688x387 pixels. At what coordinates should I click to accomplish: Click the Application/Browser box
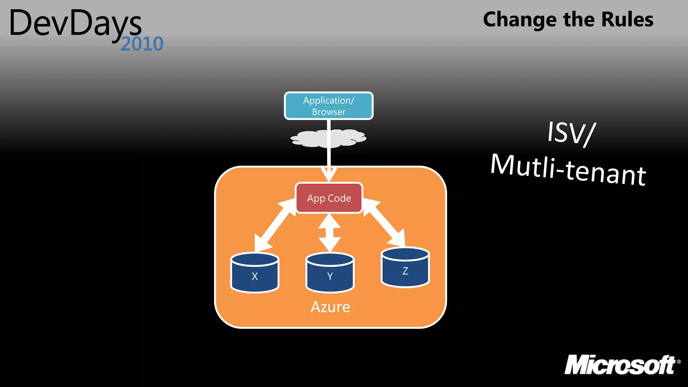point(329,106)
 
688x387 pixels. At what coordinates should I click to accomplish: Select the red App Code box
point(329,198)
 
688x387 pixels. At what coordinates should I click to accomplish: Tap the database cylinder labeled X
point(255,273)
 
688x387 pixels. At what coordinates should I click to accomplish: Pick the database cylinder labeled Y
point(330,273)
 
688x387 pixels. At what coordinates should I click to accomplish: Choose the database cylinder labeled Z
point(405,267)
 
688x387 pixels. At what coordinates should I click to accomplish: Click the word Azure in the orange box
point(330,307)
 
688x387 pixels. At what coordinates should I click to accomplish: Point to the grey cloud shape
point(309,139)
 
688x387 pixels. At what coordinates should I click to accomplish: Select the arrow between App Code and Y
point(330,232)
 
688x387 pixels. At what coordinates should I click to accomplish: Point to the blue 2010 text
point(142,44)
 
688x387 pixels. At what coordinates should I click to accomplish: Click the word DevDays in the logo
point(76,24)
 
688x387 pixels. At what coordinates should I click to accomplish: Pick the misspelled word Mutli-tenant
point(568,170)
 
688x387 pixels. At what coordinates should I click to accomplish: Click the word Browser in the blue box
point(329,112)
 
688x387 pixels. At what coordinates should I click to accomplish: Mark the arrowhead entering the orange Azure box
point(329,174)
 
